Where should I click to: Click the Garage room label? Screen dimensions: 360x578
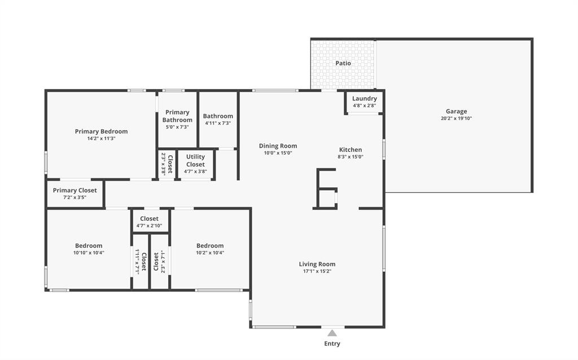coord(456,111)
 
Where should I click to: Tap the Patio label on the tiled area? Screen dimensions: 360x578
coord(343,63)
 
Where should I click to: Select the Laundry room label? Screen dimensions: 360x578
coord(364,98)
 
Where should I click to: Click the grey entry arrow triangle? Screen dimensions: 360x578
coord(332,333)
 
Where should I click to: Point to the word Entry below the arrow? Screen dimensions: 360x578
coord(332,344)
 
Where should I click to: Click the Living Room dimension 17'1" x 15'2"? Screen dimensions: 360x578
coord(317,271)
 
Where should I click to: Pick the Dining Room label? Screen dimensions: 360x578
coord(278,146)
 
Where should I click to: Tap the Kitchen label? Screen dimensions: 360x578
coord(350,150)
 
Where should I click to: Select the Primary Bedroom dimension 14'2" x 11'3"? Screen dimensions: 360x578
coord(101,139)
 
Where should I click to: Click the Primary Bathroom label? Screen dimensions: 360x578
coord(177,116)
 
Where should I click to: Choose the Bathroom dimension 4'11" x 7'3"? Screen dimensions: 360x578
coord(218,124)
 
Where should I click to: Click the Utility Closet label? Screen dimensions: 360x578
coord(195,160)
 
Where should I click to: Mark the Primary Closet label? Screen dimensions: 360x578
coord(75,190)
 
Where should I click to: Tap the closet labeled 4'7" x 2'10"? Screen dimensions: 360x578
coord(149,226)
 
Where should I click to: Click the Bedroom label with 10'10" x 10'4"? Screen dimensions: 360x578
coord(89,245)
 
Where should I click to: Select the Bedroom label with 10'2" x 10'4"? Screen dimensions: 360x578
coord(210,245)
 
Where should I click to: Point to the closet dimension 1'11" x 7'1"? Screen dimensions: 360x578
coord(137,261)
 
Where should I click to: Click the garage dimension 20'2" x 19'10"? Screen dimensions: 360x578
coord(456,118)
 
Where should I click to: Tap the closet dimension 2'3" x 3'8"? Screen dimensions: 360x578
coord(163,164)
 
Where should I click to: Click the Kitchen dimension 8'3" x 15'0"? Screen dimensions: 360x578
coord(350,157)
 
